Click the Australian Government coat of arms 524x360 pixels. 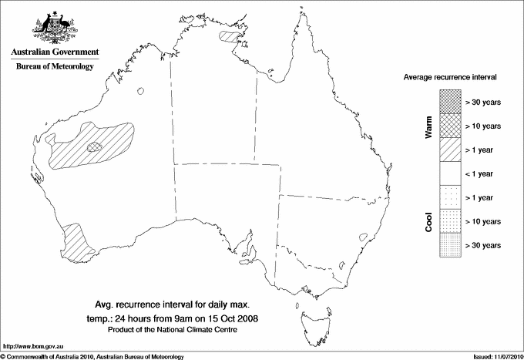pos(55,26)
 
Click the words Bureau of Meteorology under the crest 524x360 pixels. pos(55,66)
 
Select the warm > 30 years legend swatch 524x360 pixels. pos(449,101)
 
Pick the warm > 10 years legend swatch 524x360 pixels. pos(449,125)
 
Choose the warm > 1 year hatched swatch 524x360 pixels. pos(449,150)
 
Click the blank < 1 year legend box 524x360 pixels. pos(449,173)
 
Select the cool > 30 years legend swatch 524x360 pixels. pos(449,245)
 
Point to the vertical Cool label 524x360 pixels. pos(428,222)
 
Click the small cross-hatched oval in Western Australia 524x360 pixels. pos(95,145)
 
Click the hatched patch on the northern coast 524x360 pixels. pos(230,35)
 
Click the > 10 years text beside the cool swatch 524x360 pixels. pos(483,221)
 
